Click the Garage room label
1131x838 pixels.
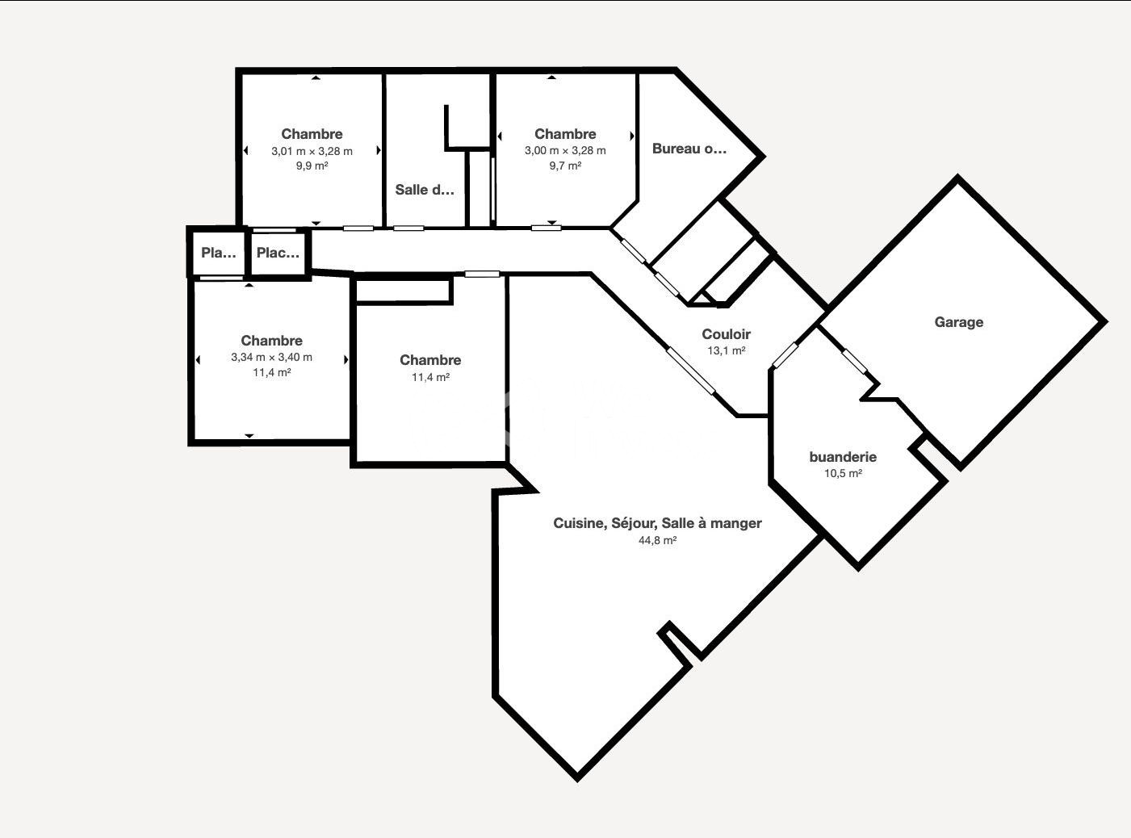(x=959, y=322)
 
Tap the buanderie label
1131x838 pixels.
(x=843, y=456)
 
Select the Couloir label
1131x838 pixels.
(x=726, y=334)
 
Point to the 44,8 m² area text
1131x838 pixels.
(x=657, y=540)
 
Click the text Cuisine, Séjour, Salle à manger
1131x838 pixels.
(x=657, y=523)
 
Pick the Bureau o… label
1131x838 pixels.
(x=689, y=149)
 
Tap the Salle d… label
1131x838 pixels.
(x=425, y=190)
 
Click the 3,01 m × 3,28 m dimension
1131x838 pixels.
(x=312, y=151)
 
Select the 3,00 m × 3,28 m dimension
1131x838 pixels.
(x=565, y=150)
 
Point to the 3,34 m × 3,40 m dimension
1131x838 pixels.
(x=272, y=357)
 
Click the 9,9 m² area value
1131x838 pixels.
(x=312, y=166)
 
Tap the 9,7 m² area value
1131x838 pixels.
(x=565, y=166)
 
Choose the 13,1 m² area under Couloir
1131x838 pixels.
(x=726, y=351)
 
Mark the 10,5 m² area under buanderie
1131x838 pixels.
(x=843, y=473)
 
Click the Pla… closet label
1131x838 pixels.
(x=219, y=253)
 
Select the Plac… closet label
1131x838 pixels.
(x=278, y=253)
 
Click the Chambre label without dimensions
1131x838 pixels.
(x=430, y=360)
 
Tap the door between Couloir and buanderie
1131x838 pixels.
(x=785, y=355)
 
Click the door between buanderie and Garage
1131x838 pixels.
(x=854, y=361)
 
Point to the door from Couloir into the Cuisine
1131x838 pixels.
(x=691, y=371)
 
